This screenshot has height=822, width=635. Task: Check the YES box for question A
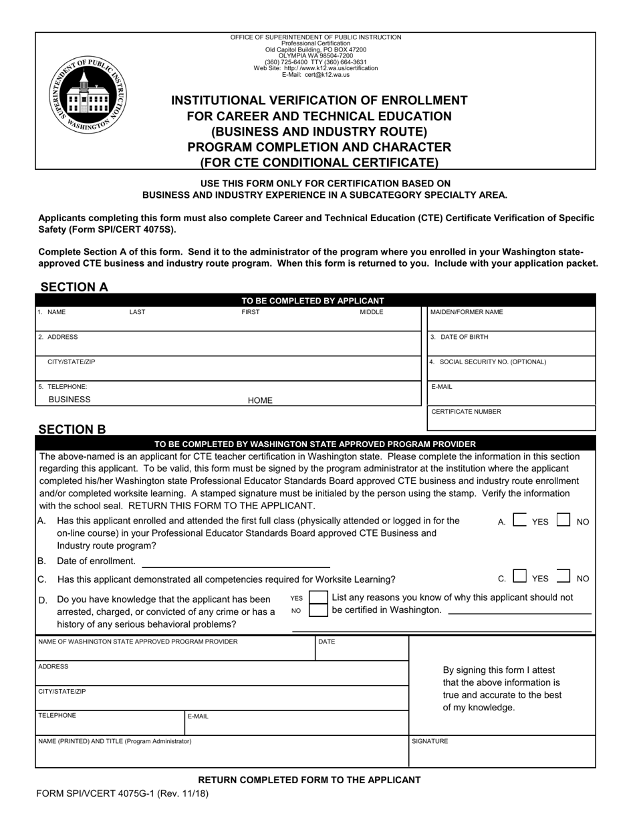click(519, 521)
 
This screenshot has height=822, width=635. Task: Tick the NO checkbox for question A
click(563, 521)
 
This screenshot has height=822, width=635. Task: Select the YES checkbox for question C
click(519, 577)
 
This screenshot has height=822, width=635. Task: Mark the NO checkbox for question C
click(563, 577)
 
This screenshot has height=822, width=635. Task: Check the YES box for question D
click(319, 597)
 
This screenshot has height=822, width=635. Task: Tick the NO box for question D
click(319, 610)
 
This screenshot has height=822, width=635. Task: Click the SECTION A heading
click(74, 287)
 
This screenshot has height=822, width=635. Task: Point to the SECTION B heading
click(72, 429)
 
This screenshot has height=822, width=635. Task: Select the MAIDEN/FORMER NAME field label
click(467, 312)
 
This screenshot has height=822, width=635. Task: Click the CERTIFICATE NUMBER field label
click(466, 412)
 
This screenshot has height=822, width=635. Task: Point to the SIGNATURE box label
click(430, 741)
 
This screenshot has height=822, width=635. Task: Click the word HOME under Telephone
click(260, 400)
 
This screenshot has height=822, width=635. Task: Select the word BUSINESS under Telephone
click(70, 400)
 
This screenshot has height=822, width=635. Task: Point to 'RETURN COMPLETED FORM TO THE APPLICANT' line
click(309, 779)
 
